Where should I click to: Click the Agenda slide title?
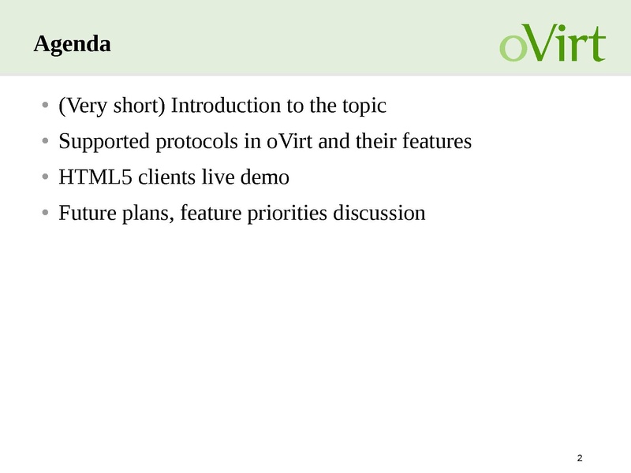click(72, 44)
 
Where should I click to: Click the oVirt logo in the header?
click(553, 43)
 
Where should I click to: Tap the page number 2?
click(580, 458)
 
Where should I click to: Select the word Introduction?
click(226, 106)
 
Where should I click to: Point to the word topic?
click(364, 106)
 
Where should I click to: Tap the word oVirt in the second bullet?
click(289, 141)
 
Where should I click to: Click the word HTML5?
click(95, 177)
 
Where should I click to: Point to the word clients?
click(167, 177)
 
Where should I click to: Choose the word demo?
click(265, 177)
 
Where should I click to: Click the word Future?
click(88, 213)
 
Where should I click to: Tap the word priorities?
click(287, 214)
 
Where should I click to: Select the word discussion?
click(379, 213)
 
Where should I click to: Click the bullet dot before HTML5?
click(45, 177)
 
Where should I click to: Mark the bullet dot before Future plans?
click(45, 212)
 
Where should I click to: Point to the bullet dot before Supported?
click(45, 141)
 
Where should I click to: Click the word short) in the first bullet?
click(140, 106)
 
